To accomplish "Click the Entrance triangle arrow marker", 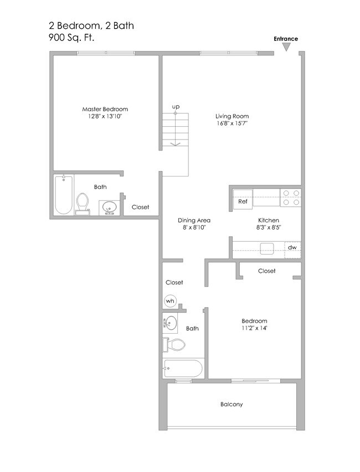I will pyautogui.click(x=286, y=48).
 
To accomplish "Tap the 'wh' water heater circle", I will pyautogui.click(x=171, y=302).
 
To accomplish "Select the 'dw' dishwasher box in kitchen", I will pyautogui.click(x=292, y=247).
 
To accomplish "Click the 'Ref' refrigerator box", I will pyautogui.click(x=243, y=201).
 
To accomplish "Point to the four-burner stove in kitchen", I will pyautogui.click(x=291, y=198).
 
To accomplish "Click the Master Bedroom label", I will pyautogui.click(x=105, y=109).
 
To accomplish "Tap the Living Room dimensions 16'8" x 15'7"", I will pyautogui.click(x=232, y=124).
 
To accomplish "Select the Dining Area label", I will pyautogui.click(x=194, y=220).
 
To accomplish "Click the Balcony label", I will pyautogui.click(x=232, y=404).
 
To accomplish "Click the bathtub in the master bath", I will pyautogui.click(x=64, y=195).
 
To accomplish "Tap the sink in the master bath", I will pyautogui.click(x=109, y=207).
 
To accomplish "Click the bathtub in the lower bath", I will pyautogui.click(x=183, y=368).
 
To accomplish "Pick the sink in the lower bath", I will pyautogui.click(x=170, y=323).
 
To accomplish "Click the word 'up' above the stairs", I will pyautogui.click(x=176, y=106).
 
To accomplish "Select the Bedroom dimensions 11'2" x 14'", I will pyautogui.click(x=255, y=328).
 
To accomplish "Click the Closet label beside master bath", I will pyautogui.click(x=140, y=207).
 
